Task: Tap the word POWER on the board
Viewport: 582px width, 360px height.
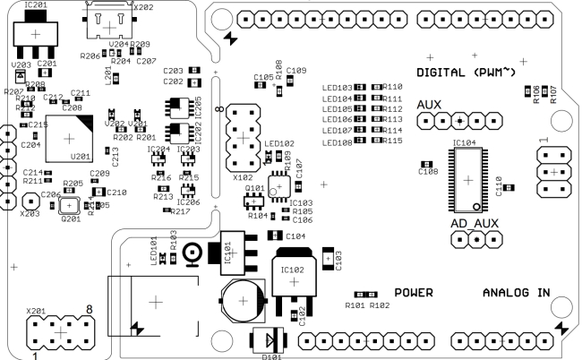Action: [x=414, y=293]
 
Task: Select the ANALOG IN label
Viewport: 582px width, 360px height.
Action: [x=517, y=293]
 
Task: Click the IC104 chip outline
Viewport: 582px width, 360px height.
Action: [x=466, y=178]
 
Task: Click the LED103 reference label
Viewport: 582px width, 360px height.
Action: [x=338, y=88]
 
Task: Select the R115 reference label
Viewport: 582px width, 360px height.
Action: [x=392, y=141]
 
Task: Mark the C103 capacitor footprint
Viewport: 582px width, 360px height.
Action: [x=329, y=259]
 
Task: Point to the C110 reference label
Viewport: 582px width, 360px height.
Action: [x=499, y=184]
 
